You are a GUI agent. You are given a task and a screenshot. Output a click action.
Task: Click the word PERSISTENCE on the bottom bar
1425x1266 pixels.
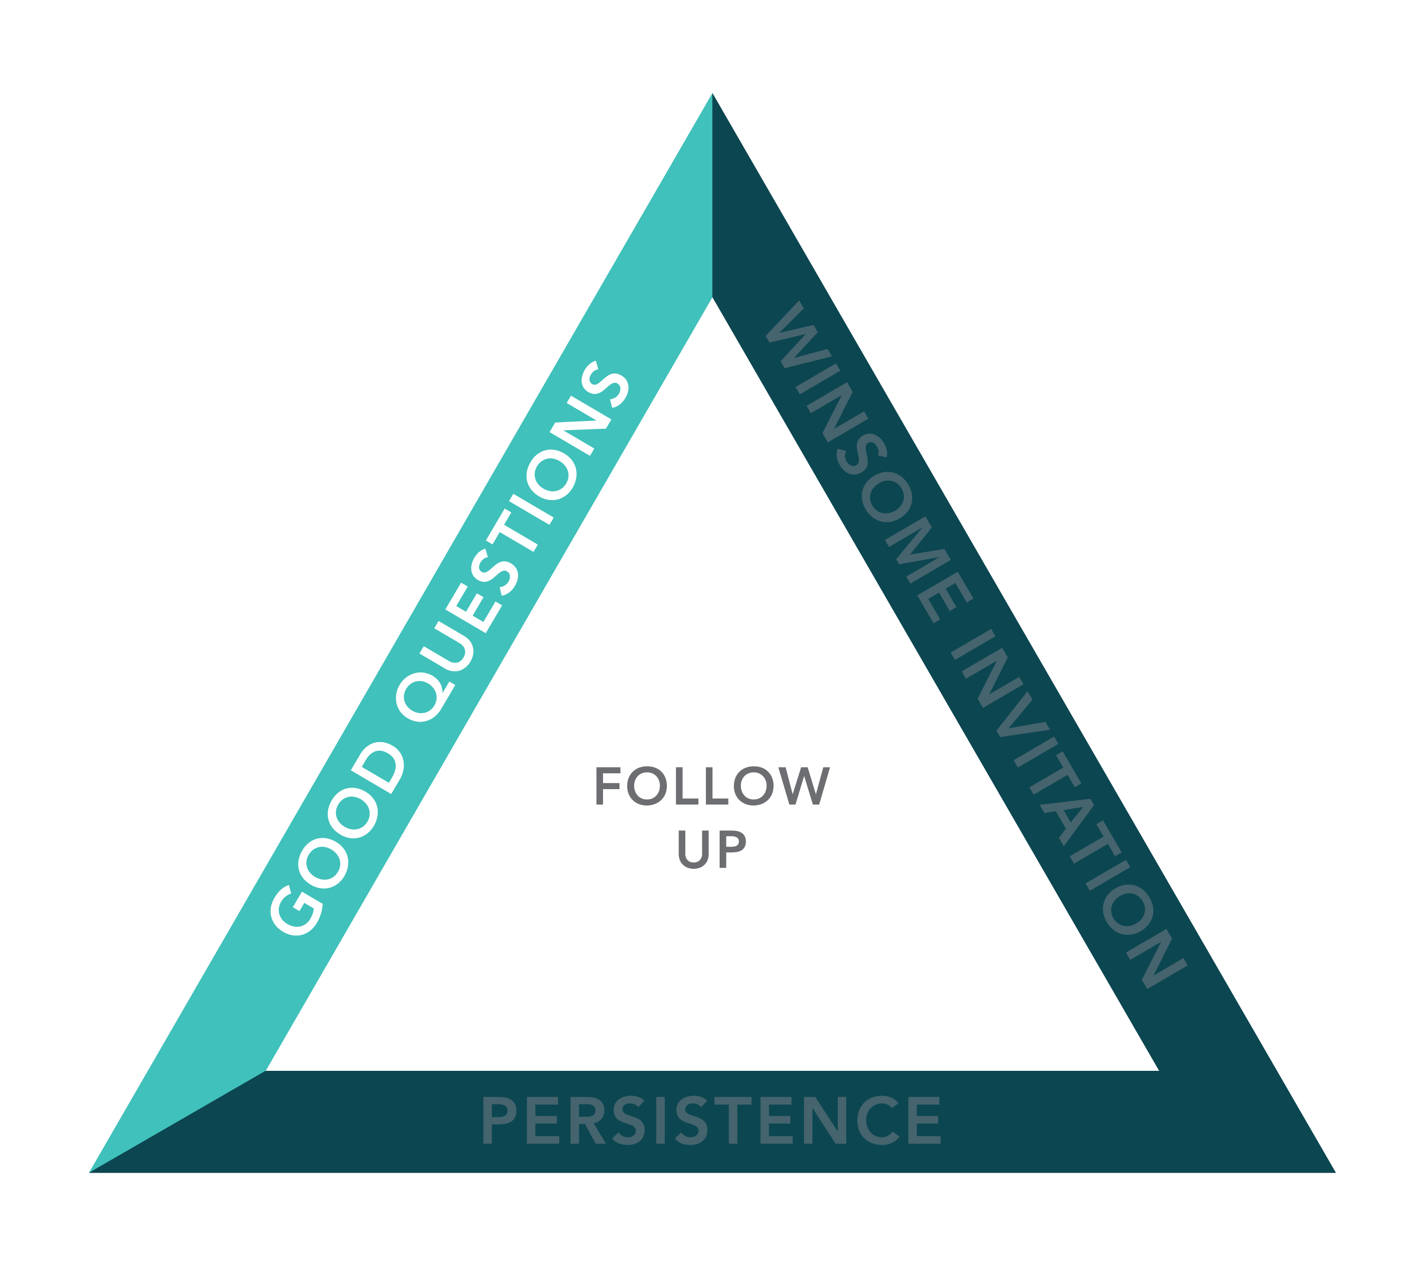711,1120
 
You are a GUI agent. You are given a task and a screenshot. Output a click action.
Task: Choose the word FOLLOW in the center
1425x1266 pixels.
712,785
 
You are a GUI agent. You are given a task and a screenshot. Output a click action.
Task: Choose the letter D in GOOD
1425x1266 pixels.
377,768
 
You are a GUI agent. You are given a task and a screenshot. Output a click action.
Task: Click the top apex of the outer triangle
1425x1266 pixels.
712,93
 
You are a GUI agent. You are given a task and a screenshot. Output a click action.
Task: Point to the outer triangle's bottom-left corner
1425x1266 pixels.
90,1172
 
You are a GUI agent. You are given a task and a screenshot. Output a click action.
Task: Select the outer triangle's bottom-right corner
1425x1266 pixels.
1335,1172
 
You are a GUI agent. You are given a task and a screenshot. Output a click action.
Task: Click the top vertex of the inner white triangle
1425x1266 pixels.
712,298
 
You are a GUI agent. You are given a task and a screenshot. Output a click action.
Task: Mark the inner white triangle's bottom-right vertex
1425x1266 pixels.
1158,1070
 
